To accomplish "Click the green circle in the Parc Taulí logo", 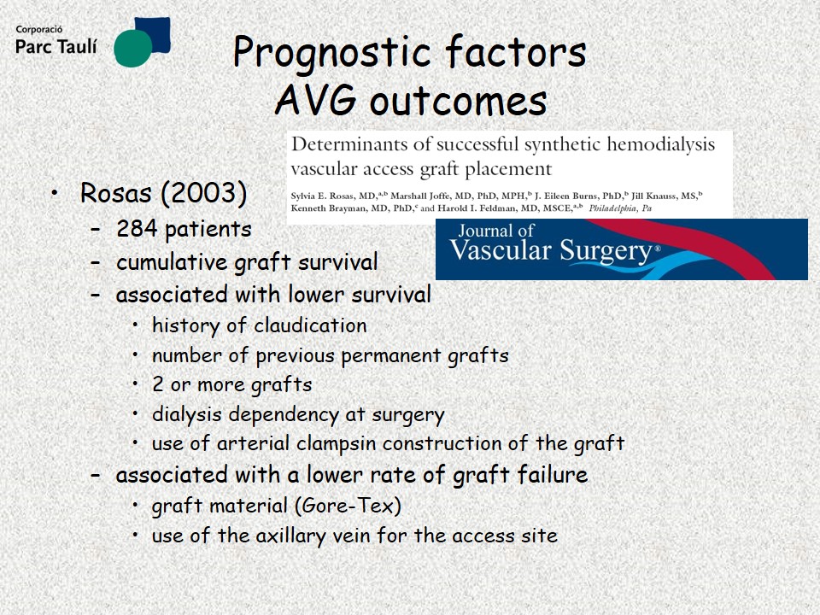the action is [x=133, y=48].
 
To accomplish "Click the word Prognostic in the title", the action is [x=332, y=53].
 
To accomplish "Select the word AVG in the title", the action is [x=316, y=100].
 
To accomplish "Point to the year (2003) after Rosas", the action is [x=204, y=193].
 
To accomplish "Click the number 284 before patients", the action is [x=137, y=229].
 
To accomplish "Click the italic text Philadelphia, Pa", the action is [x=620, y=208].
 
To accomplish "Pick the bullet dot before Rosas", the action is [x=55, y=193].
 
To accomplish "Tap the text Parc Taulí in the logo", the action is [x=56, y=46].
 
